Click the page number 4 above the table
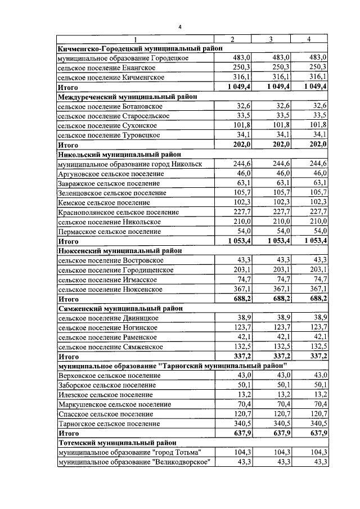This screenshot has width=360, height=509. click(180, 26)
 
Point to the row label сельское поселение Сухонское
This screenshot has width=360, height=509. click(107, 125)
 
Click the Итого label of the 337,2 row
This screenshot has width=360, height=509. click(68, 356)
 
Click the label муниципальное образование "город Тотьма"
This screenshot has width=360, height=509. click(129, 453)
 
